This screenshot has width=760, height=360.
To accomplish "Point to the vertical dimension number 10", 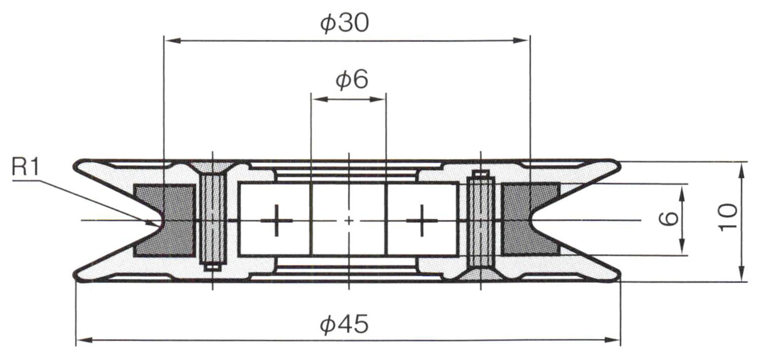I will pyautogui.click(x=728, y=217).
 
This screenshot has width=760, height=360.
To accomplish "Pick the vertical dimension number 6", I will pyautogui.click(x=669, y=219).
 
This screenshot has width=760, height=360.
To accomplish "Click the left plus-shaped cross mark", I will pyautogui.click(x=277, y=220).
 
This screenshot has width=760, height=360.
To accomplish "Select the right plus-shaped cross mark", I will pyautogui.click(x=422, y=220).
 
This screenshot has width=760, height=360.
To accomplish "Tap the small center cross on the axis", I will pyautogui.click(x=349, y=220).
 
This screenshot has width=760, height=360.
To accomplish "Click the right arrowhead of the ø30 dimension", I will pyautogui.click(x=524, y=41).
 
